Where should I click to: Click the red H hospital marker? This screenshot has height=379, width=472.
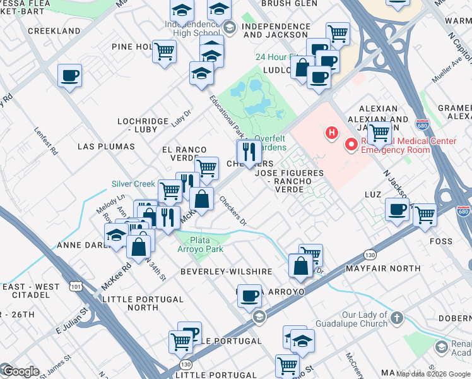[329, 133]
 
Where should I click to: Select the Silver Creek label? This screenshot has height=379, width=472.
[133, 184]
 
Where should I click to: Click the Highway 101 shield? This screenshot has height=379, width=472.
[76, 286]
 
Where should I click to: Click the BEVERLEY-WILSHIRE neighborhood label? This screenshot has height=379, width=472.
[218, 271]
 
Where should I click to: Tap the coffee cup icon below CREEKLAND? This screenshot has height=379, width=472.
[69, 76]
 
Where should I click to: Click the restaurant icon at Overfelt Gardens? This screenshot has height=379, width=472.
[249, 152]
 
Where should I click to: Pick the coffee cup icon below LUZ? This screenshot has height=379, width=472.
[397, 210]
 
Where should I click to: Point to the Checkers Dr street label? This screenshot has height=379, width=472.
[232, 210]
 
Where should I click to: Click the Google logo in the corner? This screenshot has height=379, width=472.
[20, 371]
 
